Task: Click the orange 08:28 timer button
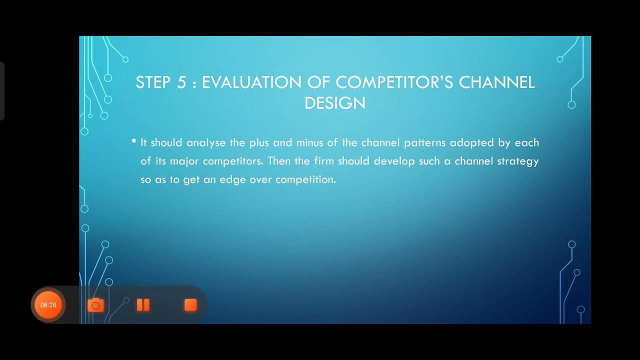pos(48,304)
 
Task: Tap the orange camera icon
pos(95,305)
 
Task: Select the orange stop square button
pos(190,305)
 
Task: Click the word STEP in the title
pos(153,82)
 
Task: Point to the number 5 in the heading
pos(181,82)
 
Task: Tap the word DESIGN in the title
pos(335,103)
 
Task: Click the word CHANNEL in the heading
pos(497,82)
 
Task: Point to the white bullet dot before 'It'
pos(134,141)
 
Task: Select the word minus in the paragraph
pos(310,143)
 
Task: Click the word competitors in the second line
pos(233,161)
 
